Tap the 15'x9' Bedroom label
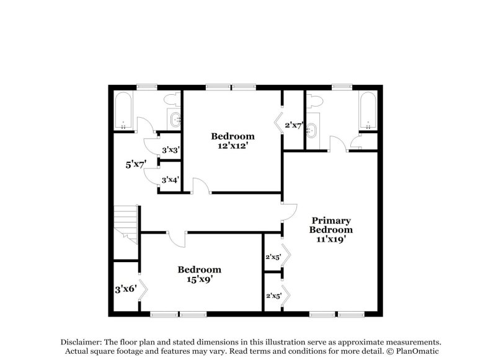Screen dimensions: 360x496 point(200,274)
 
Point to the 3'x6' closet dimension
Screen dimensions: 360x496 point(126,289)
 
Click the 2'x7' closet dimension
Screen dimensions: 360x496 point(293,125)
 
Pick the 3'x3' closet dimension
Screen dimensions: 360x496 point(170,150)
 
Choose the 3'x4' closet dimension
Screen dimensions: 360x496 point(170,180)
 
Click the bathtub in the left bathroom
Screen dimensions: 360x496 point(123,111)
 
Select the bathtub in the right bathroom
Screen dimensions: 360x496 point(368,111)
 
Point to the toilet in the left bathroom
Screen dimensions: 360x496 point(172,99)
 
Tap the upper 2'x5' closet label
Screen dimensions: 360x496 point(273,256)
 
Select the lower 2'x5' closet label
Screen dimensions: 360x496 point(273,296)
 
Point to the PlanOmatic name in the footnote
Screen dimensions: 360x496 point(417,351)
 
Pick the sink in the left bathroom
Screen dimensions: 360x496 point(174,118)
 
